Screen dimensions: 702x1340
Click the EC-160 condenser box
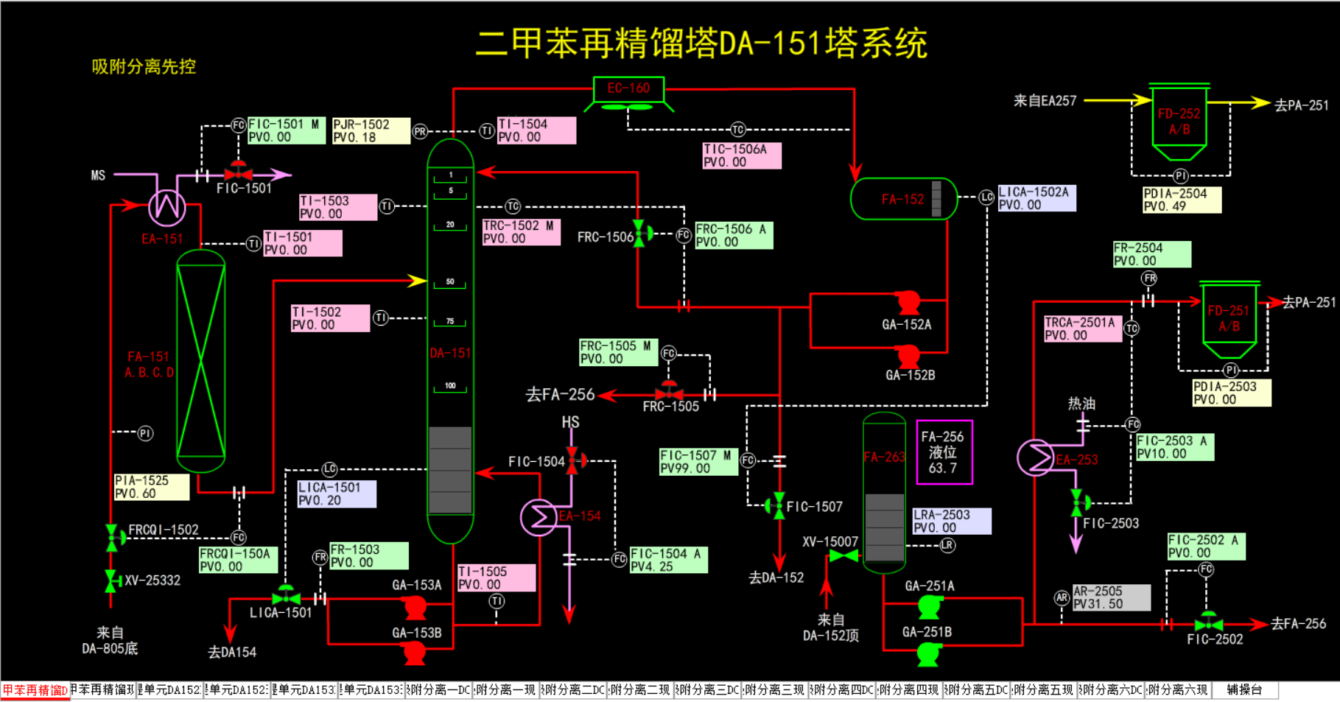[x=628, y=89]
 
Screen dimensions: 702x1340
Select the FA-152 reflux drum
[x=903, y=199]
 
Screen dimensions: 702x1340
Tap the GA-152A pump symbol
[x=908, y=301]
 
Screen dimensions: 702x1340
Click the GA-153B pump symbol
[x=415, y=651]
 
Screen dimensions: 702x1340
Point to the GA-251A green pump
[x=930, y=606]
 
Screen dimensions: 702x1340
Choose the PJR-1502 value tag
[x=371, y=130]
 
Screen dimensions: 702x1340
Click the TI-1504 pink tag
[x=536, y=130]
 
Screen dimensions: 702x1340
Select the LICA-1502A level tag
[x=1036, y=198]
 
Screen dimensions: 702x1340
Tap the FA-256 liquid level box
[x=944, y=452]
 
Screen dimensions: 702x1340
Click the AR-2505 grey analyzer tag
[x=1111, y=597]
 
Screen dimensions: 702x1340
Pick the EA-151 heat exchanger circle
[x=167, y=206]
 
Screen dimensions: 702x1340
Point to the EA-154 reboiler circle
[x=539, y=517]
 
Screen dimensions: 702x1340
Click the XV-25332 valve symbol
[x=111, y=581]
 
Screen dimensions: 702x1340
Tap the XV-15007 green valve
[x=843, y=556]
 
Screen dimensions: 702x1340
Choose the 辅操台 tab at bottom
[x=1244, y=690]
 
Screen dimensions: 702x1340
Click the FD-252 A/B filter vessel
[x=1179, y=122]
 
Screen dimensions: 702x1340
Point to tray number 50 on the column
[x=450, y=282]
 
